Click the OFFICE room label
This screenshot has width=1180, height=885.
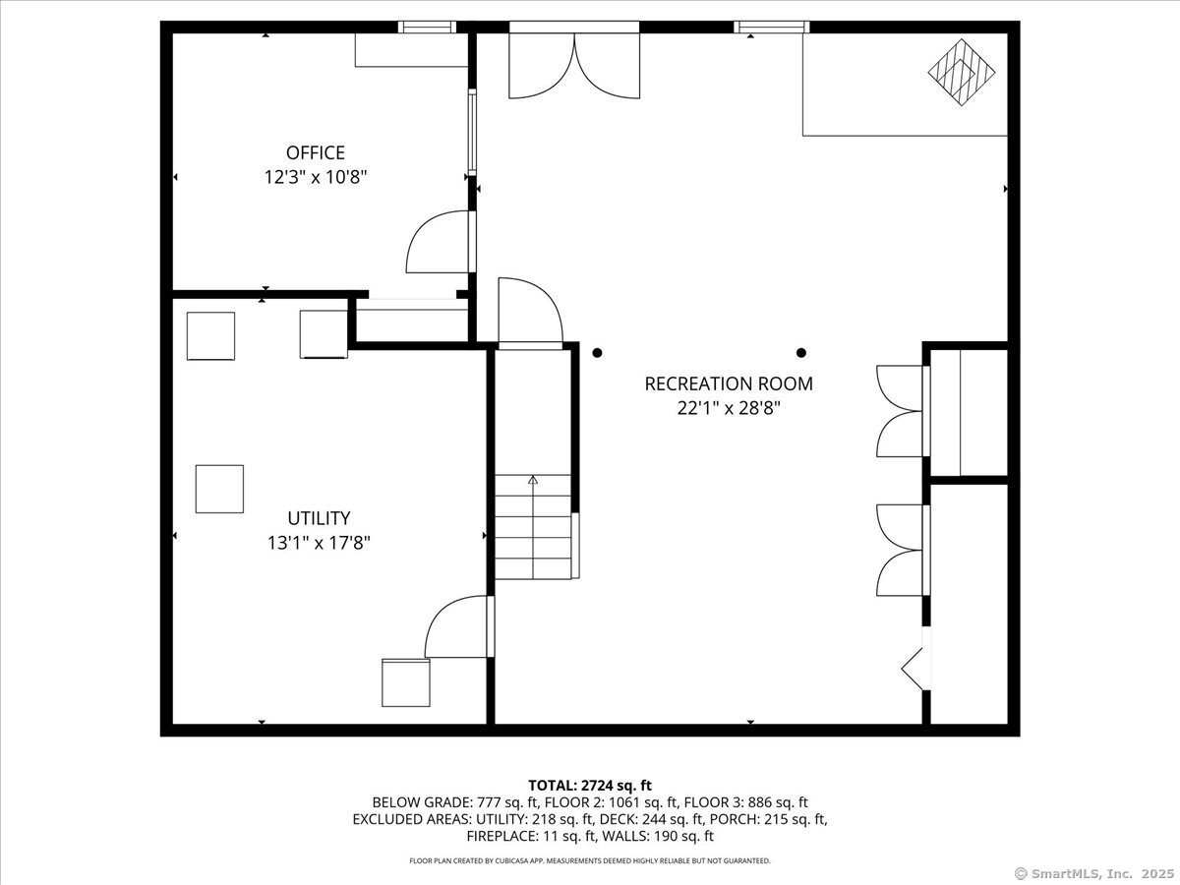click(x=315, y=152)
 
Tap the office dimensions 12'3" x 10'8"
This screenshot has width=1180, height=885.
click(x=315, y=178)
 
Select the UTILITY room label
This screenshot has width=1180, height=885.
click(x=319, y=517)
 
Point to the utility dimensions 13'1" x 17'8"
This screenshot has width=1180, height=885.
click(x=319, y=542)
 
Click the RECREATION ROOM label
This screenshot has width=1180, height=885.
click(x=729, y=383)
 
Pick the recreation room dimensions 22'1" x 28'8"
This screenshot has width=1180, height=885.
click(x=729, y=408)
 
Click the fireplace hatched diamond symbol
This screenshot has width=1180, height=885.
click(x=962, y=71)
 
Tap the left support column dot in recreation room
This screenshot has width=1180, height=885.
click(x=597, y=353)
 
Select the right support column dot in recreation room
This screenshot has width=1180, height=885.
click(x=801, y=353)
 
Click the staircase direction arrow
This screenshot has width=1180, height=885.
click(x=533, y=481)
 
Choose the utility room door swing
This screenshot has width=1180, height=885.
click(x=455, y=627)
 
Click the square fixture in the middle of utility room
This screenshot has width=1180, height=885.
click(x=219, y=489)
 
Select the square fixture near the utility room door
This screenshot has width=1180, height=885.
click(x=406, y=682)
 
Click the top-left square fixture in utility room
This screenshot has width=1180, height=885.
click(x=210, y=336)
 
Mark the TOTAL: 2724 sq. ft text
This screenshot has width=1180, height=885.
click(x=590, y=785)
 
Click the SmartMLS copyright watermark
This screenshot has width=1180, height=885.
click(x=1093, y=873)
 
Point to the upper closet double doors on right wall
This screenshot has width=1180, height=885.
click(x=900, y=411)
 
